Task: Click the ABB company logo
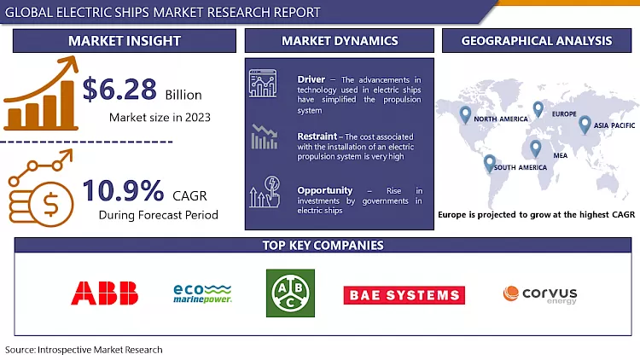coord(105,294)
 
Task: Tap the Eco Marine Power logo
coord(201,293)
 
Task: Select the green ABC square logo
coord(290,293)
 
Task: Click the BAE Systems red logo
coord(404,295)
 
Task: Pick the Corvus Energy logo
coord(539,294)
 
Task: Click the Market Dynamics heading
coord(340,41)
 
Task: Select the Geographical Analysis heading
coord(536,41)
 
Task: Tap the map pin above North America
coord(465,113)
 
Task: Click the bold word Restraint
coord(316,136)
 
